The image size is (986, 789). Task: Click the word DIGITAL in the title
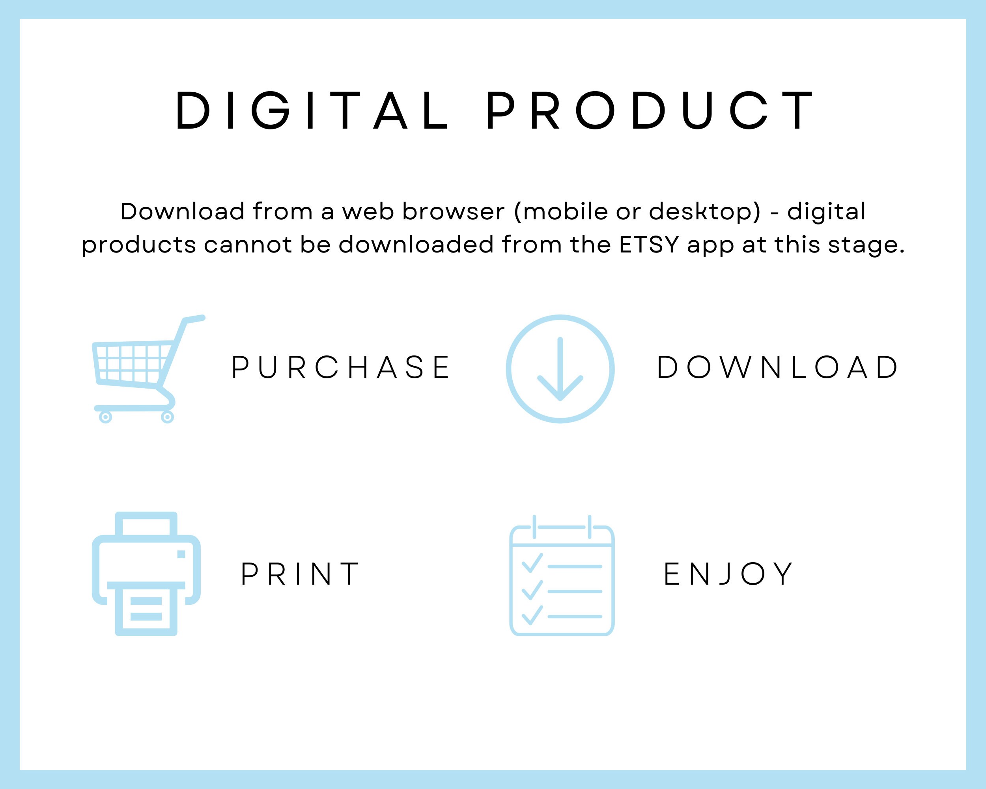click(x=312, y=110)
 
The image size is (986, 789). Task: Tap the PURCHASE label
click(x=341, y=367)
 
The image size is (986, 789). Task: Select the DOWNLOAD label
click(x=778, y=367)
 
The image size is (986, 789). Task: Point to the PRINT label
click(x=300, y=574)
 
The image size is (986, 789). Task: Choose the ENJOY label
click(x=728, y=574)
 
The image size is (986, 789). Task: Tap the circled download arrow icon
click(x=560, y=368)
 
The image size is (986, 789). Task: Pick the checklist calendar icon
click(x=562, y=576)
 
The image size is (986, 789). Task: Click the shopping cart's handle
click(x=194, y=318)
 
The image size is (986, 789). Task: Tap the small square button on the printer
click(x=181, y=554)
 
